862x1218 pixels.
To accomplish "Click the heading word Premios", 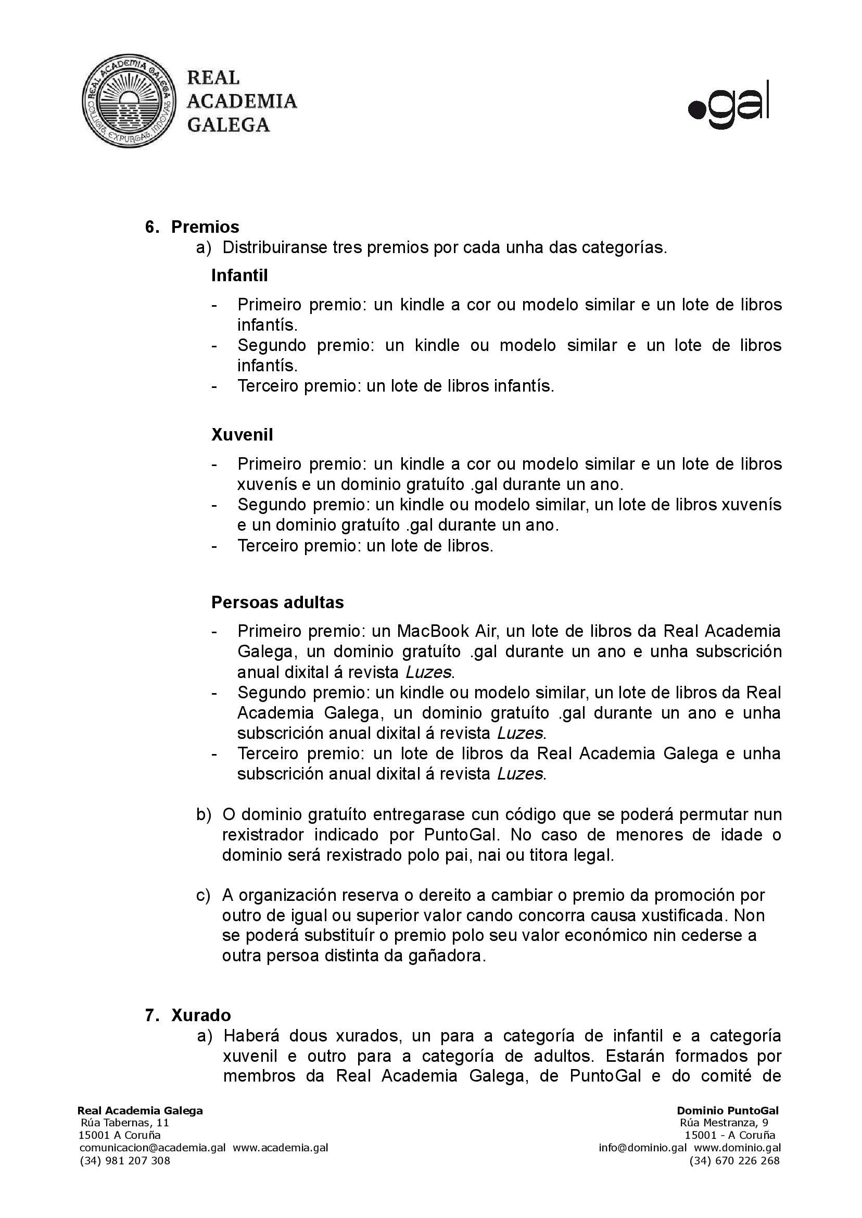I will [x=205, y=227].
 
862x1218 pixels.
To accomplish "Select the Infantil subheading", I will [x=239, y=275].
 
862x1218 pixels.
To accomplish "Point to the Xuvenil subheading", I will [x=242, y=434].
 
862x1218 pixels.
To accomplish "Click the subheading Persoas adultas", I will [x=277, y=602].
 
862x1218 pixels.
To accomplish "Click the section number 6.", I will [x=151, y=227].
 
